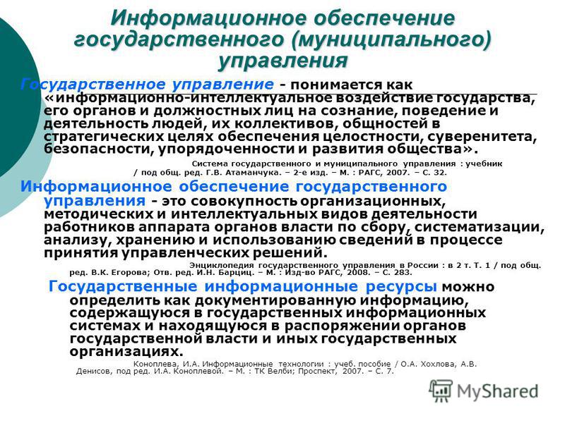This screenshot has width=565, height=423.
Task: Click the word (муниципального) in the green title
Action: (x=392, y=39)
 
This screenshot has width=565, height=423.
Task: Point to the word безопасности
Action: (x=98, y=149)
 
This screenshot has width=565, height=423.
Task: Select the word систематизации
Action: (x=480, y=227)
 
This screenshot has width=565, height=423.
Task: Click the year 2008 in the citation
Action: (x=359, y=272)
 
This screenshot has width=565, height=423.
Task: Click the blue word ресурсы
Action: (x=401, y=287)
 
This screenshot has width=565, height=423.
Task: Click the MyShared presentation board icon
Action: (x=441, y=391)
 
